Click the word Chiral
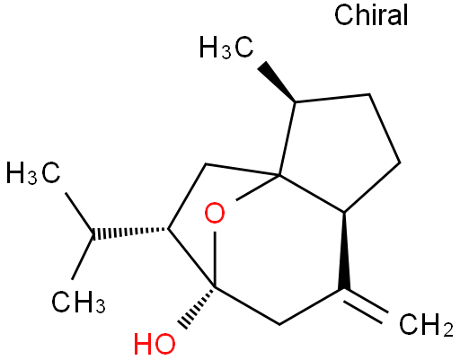click(x=371, y=15)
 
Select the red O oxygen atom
click(x=215, y=213)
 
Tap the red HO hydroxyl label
click(x=155, y=344)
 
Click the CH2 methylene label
click(x=426, y=325)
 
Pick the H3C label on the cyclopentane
click(x=226, y=47)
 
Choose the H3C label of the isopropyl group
click(x=33, y=172)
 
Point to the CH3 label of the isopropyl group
click(x=78, y=302)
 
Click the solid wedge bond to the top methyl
click(x=278, y=82)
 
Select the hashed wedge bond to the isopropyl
click(x=130, y=233)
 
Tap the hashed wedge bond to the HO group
click(x=197, y=308)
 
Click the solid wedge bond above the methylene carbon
click(x=344, y=251)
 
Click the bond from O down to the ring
click(x=215, y=259)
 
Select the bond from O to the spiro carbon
click(x=257, y=188)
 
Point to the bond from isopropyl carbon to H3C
click(x=80, y=214)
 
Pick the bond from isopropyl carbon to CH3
click(x=83, y=257)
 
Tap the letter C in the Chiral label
click(x=343, y=15)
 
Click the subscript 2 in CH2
click(x=447, y=330)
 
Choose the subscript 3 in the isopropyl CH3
click(x=101, y=307)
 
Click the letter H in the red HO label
click(x=144, y=344)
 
